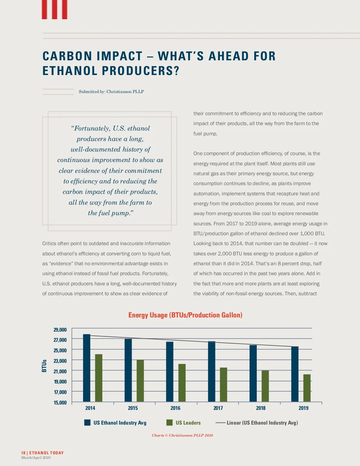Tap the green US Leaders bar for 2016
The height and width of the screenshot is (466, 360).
[182, 383]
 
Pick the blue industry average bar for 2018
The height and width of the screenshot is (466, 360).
[253, 373]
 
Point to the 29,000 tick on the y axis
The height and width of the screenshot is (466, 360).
[60, 330]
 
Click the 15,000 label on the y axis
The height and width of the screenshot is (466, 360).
[60, 403]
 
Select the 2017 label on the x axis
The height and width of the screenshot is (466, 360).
[218, 408]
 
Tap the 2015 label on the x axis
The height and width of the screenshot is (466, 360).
[133, 408]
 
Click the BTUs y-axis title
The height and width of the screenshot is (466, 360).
[44, 366]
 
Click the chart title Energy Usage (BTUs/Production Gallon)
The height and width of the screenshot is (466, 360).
[185, 315]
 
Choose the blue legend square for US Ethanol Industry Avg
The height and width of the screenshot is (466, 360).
[87, 422]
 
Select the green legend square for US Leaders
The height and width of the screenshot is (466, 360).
[169, 422]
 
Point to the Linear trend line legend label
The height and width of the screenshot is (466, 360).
[262, 423]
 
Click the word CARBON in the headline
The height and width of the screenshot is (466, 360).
[67, 56]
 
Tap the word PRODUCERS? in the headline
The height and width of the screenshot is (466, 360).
[140, 71]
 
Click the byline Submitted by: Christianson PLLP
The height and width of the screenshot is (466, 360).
[111, 92]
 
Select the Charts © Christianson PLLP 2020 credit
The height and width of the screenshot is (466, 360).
[182, 435]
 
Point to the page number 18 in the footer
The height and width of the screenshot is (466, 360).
[23, 453]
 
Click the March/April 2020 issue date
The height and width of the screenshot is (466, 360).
[36, 458]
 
